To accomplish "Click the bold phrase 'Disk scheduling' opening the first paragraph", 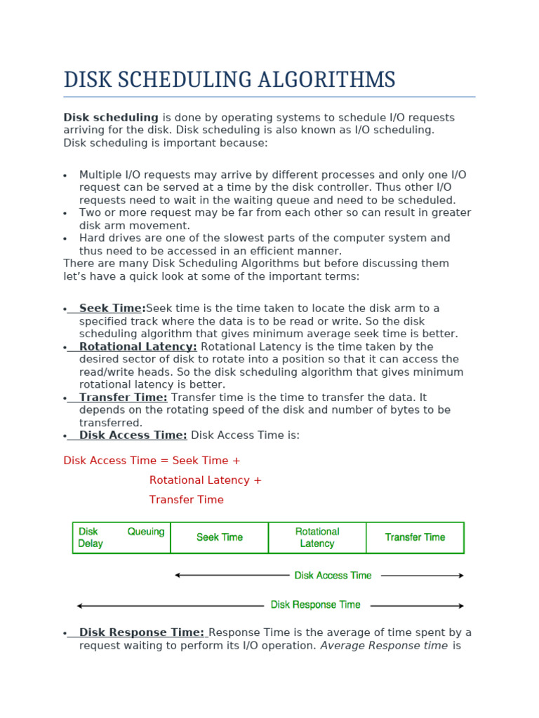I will (x=111, y=118).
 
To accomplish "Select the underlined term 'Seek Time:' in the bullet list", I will (x=112, y=309).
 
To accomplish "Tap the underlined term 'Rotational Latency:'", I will (x=138, y=347).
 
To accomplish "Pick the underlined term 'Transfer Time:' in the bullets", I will (x=123, y=398).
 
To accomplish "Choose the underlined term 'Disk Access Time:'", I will (x=133, y=435).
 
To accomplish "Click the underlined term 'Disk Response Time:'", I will (x=141, y=632).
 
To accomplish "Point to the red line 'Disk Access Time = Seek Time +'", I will (x=152, y=461).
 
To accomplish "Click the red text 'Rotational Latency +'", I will (x=205, y=480).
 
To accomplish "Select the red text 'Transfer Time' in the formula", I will (x=186, y=500).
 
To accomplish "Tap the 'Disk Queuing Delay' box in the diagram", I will (x=121, y=538).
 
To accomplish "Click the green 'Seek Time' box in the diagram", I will (x=219, y=538).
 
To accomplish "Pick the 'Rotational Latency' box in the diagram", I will (x=317, y=538).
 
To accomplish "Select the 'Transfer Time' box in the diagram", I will (x=415, y=538).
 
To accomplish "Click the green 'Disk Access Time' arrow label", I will (x=333, y=576).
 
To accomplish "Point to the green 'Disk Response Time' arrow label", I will (x=315, y=605).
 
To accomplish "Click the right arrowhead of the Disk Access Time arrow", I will (x=461, y=576).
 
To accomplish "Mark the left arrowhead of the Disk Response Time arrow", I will (x=80, y=606).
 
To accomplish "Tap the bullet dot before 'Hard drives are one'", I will (x=65, y=239).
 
